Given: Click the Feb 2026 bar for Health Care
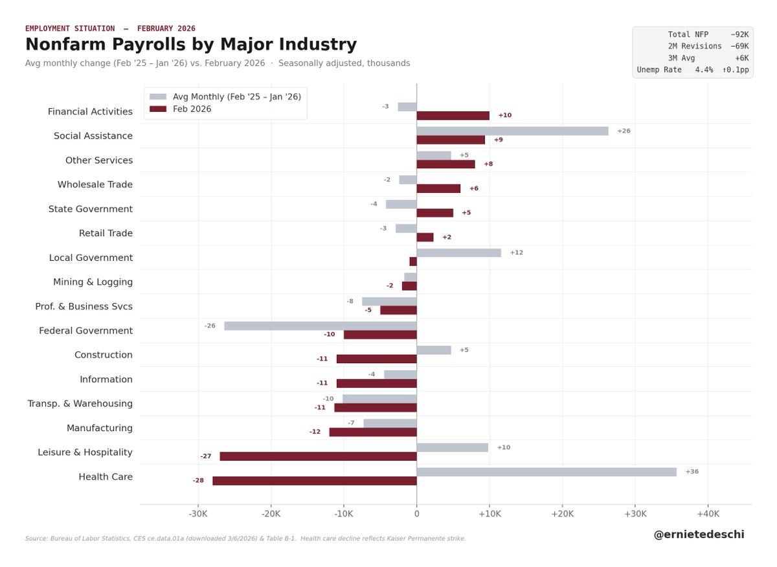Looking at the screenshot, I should tap(315, 481).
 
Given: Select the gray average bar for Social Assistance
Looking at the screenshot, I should tap(512, 131).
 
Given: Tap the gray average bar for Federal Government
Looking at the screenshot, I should tap(321, 326).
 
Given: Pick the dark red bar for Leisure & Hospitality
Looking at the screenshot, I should tap(318, 456).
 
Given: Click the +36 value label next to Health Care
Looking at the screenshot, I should tap(692, 472).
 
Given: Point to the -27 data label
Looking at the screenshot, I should tap(206, 456).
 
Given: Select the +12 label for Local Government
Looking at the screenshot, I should tap(516, 252).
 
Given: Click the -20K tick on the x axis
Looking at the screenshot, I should tap(271, 514).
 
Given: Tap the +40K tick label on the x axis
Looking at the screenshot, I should tap(708, 514).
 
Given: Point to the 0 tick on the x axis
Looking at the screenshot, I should tap(416, 514).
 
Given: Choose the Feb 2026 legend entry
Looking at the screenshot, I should tap(192, 109).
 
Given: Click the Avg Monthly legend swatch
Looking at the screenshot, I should tap(158, 96).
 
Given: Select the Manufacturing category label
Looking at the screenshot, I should tap(100, 428).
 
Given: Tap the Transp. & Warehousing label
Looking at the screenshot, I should tap(80, 404).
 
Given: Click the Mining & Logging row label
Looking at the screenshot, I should tap(93, 282).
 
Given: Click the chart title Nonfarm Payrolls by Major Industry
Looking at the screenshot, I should tap(191, 45).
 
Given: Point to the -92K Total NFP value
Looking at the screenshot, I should tap(739, 34).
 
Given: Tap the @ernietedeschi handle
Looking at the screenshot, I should tap(699, 535).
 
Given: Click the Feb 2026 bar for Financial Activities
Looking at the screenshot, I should tap(453, 116).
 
